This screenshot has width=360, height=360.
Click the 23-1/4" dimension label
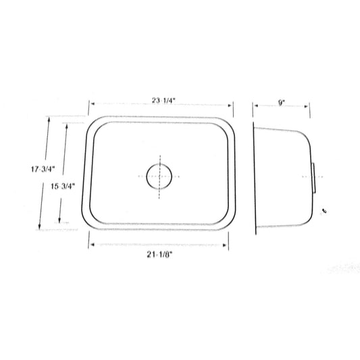click(x=163, y=101)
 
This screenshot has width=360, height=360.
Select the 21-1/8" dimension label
click(x=160, y=255)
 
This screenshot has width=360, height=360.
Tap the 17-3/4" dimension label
click(x=43, y=170)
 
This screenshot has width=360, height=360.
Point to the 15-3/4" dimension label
click(x=63, y=186)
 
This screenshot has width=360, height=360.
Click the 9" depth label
click(x=281, y=103)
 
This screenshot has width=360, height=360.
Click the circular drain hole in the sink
click(x=159, y=176)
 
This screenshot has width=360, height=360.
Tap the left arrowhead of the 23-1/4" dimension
click(x=93, y=104)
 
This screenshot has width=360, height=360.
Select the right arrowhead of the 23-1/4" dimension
click(x=230, y=105)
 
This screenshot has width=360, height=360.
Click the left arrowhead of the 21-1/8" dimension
click(x=93, y=245)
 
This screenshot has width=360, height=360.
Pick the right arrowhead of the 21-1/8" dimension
click(x=225, y=245)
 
